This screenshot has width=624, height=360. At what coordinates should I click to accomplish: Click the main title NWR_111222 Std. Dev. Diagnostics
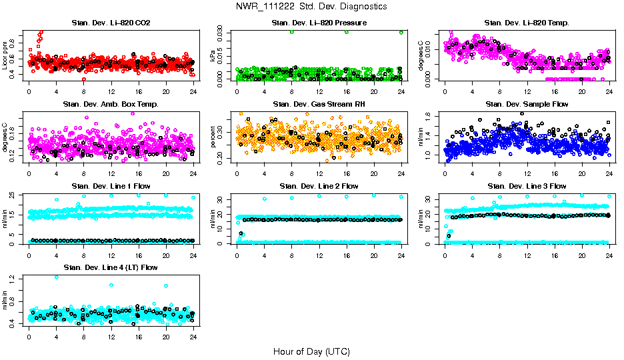coord(311,7)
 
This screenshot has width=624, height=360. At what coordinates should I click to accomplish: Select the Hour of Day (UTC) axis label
coord(311,351)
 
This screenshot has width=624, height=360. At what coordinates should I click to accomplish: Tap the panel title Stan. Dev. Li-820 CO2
coord(111,23)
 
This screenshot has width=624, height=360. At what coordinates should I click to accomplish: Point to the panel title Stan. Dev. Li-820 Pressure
coord(319,23)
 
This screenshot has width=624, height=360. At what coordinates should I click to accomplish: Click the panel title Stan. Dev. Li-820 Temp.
coord(527,23)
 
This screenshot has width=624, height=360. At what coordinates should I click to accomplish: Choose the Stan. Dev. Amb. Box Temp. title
coord(111,105)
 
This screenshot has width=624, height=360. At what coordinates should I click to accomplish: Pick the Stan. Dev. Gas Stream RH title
coord(319,105)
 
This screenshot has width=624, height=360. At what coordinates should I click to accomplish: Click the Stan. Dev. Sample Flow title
coord(527,105)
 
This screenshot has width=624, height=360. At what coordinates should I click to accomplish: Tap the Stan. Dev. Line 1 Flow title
coord(111,186)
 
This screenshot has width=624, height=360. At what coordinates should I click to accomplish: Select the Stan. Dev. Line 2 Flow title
coord(319,186)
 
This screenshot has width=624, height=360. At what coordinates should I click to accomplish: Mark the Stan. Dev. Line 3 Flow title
coord(527,186)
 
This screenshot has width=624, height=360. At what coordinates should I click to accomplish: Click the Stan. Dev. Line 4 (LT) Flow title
coord(111,267)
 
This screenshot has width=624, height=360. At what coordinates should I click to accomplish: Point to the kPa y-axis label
coord(213,56)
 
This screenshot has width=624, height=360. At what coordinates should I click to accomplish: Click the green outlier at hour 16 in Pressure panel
coord(347,32)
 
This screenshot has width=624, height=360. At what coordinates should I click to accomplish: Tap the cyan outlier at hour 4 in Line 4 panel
coord(56,277)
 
